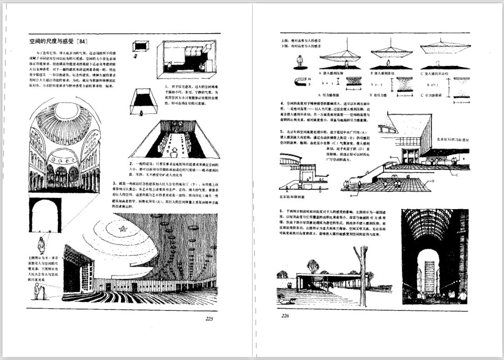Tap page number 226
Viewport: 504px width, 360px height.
[286, 316]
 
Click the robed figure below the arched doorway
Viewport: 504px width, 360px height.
[41, 245]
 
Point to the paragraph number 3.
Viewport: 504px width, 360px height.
[114, 184]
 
